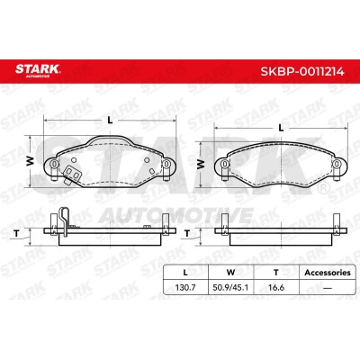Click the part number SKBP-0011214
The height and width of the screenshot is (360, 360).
302,72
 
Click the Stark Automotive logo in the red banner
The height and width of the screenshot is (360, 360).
38,71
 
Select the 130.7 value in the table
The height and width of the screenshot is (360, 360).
185,287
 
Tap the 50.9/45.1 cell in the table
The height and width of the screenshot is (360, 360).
230,287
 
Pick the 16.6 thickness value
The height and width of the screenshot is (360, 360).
276,287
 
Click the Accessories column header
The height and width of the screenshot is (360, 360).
328,273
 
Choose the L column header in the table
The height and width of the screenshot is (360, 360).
185,273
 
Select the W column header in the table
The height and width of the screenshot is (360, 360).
230,273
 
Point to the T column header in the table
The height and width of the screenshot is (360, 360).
276,273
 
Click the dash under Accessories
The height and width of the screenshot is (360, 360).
328,288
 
